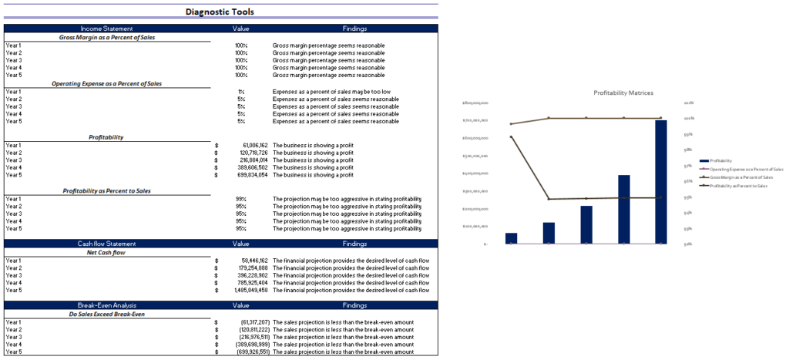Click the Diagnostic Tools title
pos(220,12)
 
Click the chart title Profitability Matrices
pos(623,93)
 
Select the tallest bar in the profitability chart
pos(661,182)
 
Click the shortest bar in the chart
pos(511,238)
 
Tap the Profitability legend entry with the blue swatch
pos(721,160)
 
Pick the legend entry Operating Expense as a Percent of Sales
pos(746,169)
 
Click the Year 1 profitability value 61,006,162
pos(254,145)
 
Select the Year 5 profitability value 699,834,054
pos(253,175)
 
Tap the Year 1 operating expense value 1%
pos(241,92)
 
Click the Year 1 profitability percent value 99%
pos(241,199)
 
